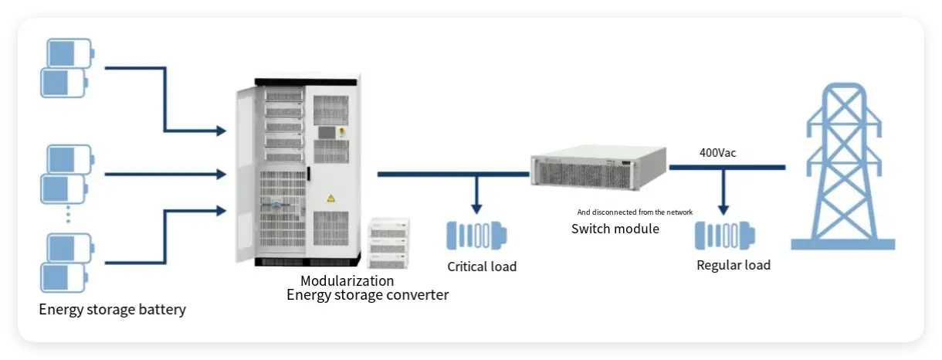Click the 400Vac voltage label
coord(717,153)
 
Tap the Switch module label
coord(615,229)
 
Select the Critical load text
coord(482,267)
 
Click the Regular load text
coord(733,265)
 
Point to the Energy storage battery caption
coord(113,310)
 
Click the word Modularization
coord(347,280)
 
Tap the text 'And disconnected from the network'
coord(635,212)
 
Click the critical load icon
coord(476,235)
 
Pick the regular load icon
coord(724,235)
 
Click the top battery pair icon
coord(66,68)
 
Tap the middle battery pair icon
coord(66,174)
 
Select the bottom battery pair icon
coord(66,263)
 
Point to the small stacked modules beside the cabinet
coord(390,242)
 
